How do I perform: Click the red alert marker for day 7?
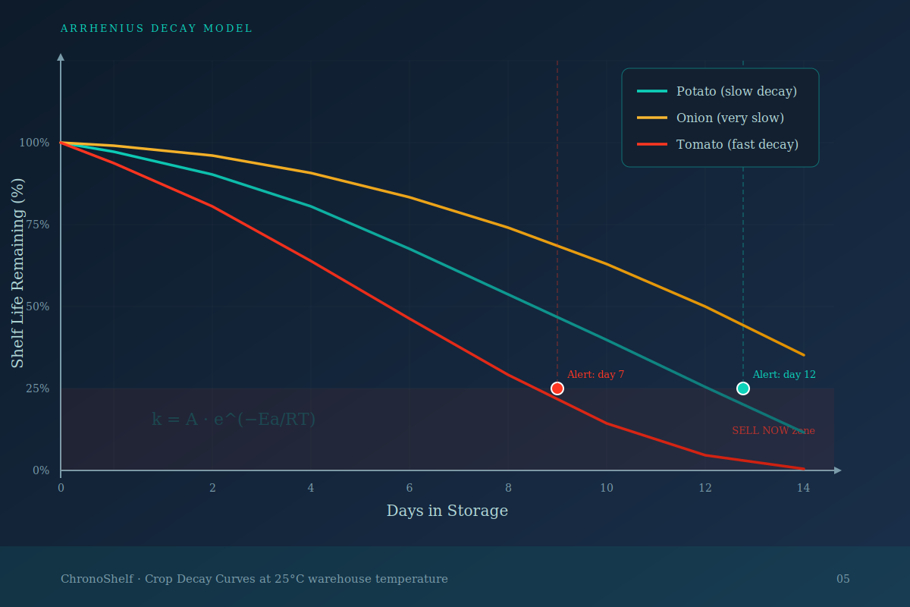tap(557, 388)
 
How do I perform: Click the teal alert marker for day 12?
tap(743, 388)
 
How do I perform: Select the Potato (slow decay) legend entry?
tap(736, 91)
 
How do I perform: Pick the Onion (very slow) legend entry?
tap(730, 118)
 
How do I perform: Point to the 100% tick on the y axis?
tap(34, 143)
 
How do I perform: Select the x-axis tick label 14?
tap(803, 488)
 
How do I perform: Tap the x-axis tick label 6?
tap(409, 488)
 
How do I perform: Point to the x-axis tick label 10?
tap(607, 488)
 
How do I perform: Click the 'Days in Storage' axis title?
tap(447, 511)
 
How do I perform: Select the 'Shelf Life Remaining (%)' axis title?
tap(18, 273)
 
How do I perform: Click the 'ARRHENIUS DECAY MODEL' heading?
tap(156, 29)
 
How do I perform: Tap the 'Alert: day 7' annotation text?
tap(595, 375)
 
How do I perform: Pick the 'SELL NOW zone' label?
tap(773, 431)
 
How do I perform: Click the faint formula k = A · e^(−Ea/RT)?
tap(234, 419)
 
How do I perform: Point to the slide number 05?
tap(843, 579)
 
